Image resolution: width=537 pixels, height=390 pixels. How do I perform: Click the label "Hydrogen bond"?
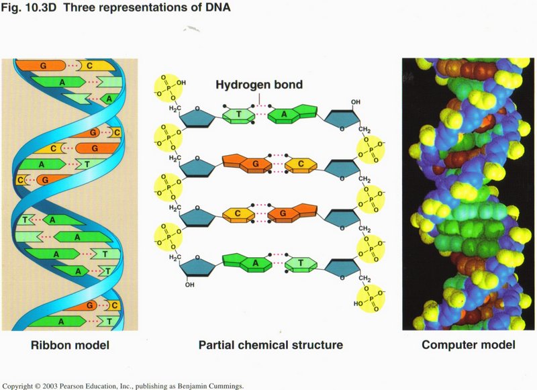click(x=259, y=85)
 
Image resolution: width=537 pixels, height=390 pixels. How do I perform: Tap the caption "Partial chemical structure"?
click(x=271, y=346)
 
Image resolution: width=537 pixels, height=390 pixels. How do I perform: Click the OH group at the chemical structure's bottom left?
click(x=191, y=284)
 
